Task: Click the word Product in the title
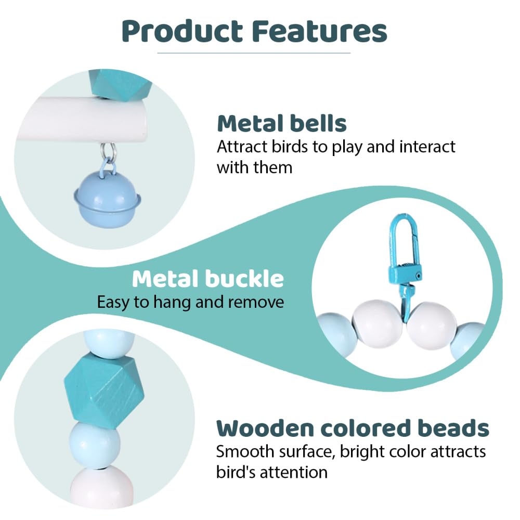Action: [x=182, y=32]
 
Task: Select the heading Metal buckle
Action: [x=208, y=279]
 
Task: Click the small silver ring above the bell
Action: [x=109, y=151]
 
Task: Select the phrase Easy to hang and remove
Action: [x=190, y=302]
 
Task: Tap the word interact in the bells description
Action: [x=427, y=147]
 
